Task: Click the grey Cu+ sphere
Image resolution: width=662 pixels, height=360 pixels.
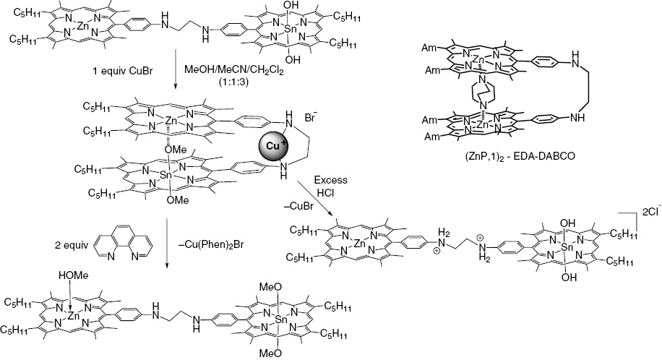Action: [x=272, y=145]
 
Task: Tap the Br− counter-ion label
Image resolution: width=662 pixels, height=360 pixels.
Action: [x=310, y=117]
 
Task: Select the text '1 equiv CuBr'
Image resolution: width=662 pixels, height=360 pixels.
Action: [x=122, y=71]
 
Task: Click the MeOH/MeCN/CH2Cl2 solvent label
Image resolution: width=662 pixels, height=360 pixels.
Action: [x=234, y=71]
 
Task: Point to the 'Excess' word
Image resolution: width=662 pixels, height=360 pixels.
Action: [x=330, y=180]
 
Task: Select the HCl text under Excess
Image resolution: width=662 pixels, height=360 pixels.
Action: [x=330, y=192]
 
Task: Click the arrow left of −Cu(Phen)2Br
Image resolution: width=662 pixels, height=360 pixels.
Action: [x=167, y=244]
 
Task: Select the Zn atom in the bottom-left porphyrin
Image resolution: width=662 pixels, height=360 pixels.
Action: [x=74, y=314]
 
